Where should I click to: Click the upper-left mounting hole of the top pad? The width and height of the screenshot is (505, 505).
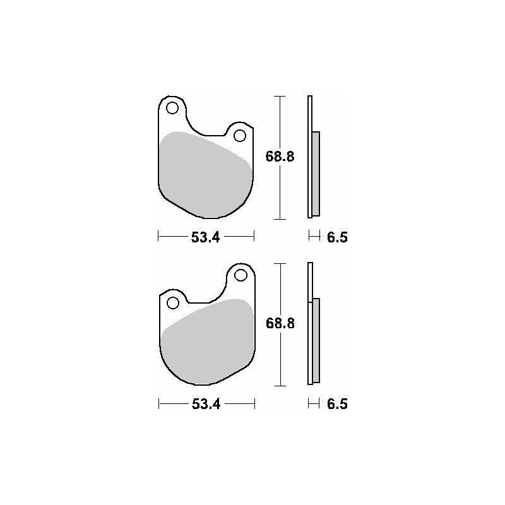coord(172,108)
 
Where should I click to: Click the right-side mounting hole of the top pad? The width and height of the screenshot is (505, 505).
coord(239,135)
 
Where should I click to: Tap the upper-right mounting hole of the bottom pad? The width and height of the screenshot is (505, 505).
coord(240,275)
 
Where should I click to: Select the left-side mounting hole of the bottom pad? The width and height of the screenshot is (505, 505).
coord(172,303)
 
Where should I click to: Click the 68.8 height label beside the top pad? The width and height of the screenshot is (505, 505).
coord(280,157)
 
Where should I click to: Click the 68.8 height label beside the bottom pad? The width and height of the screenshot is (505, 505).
coord(280,323)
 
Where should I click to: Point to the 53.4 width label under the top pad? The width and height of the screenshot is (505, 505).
coord(205,237)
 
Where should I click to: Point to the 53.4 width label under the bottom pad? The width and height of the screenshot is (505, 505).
coord(206,405)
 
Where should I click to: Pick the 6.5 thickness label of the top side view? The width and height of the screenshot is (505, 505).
coord(337,237)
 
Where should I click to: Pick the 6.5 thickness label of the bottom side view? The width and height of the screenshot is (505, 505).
coord(337,405)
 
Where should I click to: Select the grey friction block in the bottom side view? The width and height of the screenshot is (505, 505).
coord(316,340)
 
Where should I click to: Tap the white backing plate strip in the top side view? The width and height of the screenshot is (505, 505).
coord(309,114)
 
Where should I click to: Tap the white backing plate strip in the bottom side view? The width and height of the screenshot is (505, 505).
coord(309,281)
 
